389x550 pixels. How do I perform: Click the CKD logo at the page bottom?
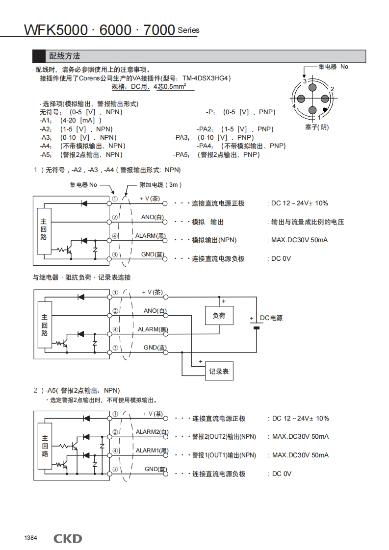click(68, 539)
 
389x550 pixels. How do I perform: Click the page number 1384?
click(30, 538)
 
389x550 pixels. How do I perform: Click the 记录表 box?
click(219, 372)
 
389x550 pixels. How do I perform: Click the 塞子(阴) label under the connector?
click(317, 127)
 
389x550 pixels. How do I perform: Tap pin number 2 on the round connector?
click(332, 89)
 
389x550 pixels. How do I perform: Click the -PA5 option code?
click(181, 154)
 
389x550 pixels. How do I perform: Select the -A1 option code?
click(46, 121)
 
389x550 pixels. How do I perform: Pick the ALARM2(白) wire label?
click(152, 432)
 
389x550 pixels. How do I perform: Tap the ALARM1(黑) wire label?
click(152, 450)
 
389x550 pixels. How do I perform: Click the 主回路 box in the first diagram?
click(44, 229)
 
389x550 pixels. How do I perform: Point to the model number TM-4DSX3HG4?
click(206, 78)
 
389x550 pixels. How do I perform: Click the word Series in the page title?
click(188, 30)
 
